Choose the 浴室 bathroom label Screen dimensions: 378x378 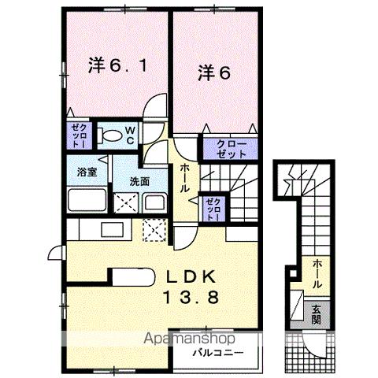pos(87,170)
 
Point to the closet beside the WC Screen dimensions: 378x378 pos(80,136)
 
